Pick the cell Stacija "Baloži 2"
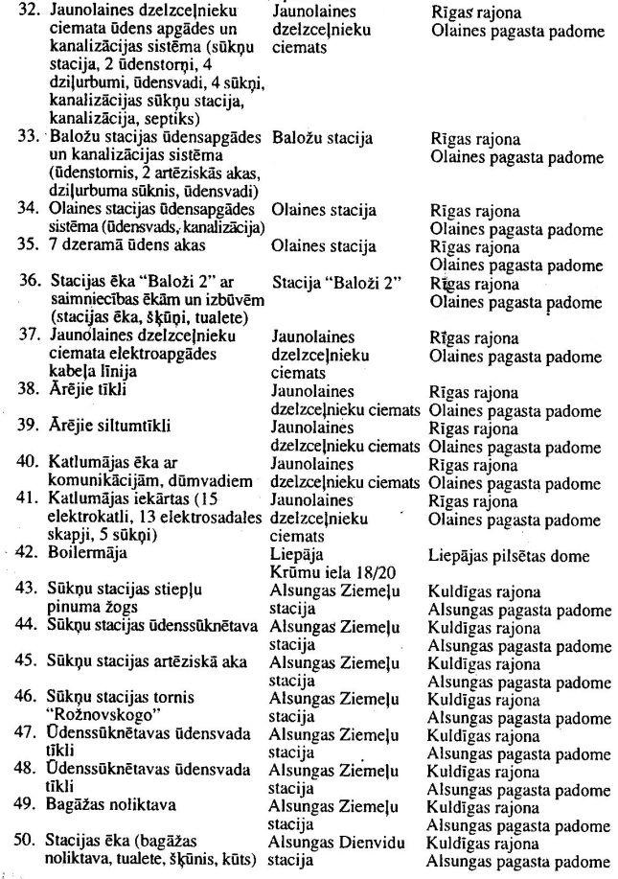click(x=329, y=284)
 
